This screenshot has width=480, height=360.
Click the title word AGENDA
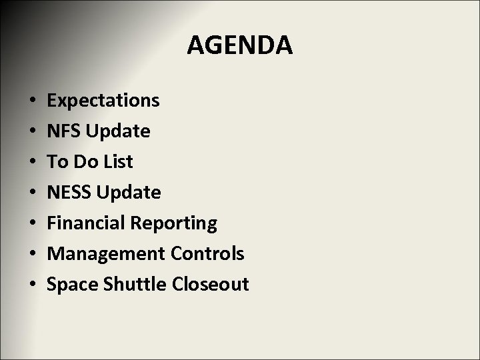(239, 45)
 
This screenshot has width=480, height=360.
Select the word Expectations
(103, 101)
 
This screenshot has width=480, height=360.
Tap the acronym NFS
(63, 131)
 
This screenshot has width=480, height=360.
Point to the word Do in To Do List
(83, 162)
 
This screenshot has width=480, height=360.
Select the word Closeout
(210, 285)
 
